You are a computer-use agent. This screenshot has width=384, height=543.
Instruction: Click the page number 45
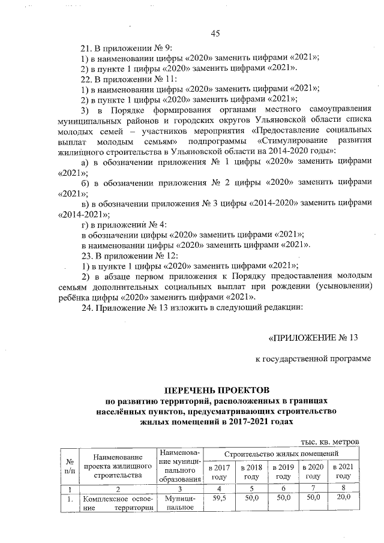pyautogui.click(x=216, y=33)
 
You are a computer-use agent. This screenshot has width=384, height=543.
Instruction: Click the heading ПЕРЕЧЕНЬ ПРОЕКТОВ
pyautogui.click(x=217, y=390)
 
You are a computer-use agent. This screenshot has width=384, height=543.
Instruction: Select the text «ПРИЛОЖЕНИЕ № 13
pyautogui.click(x=313, y=337)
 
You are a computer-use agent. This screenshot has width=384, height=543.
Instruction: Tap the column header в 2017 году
pyautogui.click(x=218, y=471)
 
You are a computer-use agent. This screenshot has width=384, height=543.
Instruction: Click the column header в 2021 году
pyautogui.click(x=343, y=471)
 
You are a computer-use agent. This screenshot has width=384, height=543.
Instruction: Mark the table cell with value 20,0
pyautogui.click(x=343, y=497)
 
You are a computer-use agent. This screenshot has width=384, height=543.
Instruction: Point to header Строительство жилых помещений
pyautogui.click(x=280, y=454)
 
